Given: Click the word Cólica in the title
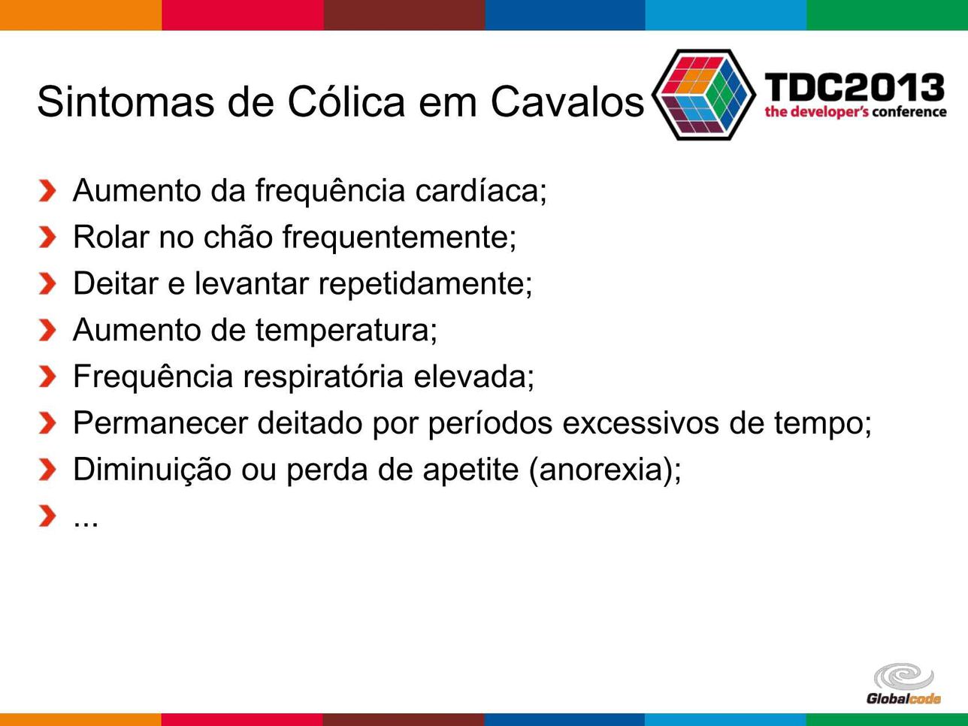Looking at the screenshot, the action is tap(346, 101).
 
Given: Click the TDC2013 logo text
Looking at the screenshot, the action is tap(855, 87).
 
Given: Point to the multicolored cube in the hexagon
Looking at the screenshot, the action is tap(704, 95).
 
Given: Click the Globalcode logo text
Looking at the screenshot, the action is tap(903, 699).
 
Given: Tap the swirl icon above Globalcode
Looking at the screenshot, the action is tap(903, 676).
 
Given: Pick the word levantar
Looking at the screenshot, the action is tap(252, 283).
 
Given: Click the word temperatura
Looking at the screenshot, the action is tap(346, 331).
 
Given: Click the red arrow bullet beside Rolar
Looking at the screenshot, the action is tap(47, 237).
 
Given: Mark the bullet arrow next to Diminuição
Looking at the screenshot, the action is tap(47, 469).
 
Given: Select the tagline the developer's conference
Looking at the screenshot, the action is tap(855, 112).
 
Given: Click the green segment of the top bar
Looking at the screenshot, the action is tap(888, 15).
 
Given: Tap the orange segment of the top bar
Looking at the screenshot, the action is tap(81, 15).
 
